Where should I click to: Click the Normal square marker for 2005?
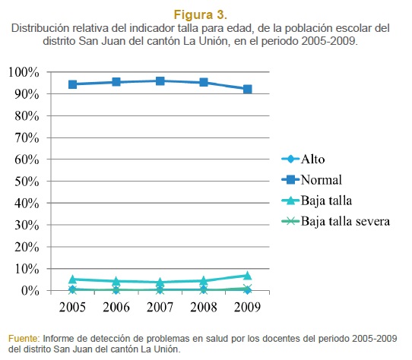pyautogui.click(x=72, y=84)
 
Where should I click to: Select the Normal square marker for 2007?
pyautogui.click(x=160, y=81)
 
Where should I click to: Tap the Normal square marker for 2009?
pyautogui.click(x=248, y=90)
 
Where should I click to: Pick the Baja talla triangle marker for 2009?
pyautogui.click(x=248, y=276)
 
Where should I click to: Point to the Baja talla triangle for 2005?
pyautogui.click(x=72, y=279)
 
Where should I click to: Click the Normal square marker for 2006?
pyautogui.click(x=116, y=82)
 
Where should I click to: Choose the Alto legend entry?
pyautogui.click(x=303, y=159)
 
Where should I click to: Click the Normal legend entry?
pyautogui.click(x=312, y=180)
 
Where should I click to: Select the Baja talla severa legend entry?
pyautogui.click(x=335, y=221)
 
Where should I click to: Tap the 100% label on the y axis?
pyautogui.click(x=24, y=72)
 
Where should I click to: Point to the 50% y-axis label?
pyautogui.click(x=27, y=182)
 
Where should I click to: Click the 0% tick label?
pyautogui.click(x=30, y=291)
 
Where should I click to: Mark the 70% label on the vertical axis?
pyautogui.click(x=27, y=137)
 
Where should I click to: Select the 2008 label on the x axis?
pyautogui.click(x=204, y=307)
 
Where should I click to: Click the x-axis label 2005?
pyautogui.click(x=72, y=307)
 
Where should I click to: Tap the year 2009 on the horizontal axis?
pyautogui.click(x=248, y=307)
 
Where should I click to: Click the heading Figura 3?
pyautogui.click(x=201, y=14)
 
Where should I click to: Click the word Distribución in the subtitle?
pyautogui.click(x=40, y=28)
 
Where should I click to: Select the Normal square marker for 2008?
pyautogui.click(x=204, y=82)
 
